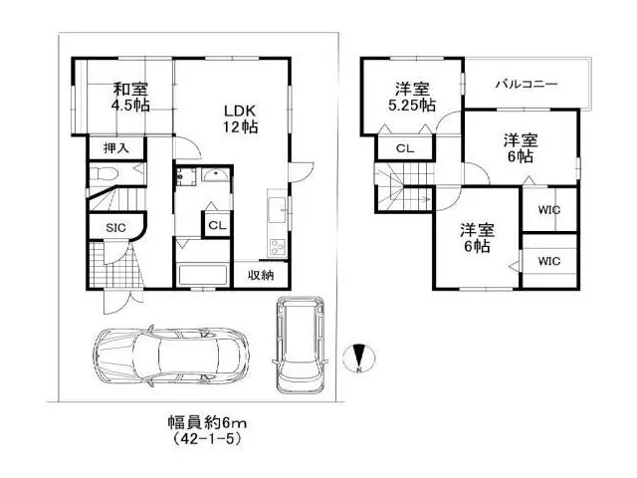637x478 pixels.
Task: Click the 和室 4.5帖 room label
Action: [x=130, y=97]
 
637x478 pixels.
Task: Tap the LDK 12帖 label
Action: [x=240, y=119]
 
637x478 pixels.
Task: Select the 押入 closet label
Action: [x=116, y=148]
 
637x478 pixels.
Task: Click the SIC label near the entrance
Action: [x=115, y=228]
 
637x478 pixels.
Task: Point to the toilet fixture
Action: [x=105, y=174]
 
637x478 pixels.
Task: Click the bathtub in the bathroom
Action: [x=203, y=276]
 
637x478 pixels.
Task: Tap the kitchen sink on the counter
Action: [x=277, y=209]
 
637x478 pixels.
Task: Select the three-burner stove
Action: [x=279, y=247]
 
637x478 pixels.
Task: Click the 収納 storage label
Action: [x=261, y=276]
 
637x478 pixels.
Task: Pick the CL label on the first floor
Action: [x=217, y=225]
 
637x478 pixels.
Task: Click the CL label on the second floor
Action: [x=405, y=148]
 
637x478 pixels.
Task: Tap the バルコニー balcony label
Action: [x=527, y=85]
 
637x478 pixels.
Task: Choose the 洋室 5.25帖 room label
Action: [x=412, y=97]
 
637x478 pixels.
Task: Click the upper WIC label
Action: [x=548, y=210]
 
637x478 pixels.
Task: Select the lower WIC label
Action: [x=548, y=261]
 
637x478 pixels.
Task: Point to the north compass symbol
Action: [x=359, y=358]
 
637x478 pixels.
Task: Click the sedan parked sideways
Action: [x=170, y=357]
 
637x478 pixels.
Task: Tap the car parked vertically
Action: [x=300, y=345]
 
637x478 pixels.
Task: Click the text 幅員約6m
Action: [x=207, y=423]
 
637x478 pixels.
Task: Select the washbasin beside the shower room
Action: [x=215, y=175]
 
